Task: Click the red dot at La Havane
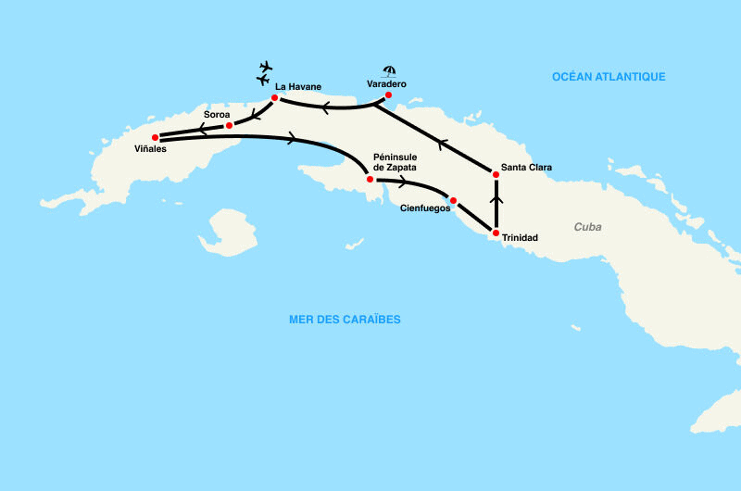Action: pyautogui.click(x=275, y=97)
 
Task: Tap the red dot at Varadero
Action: pyautogui.click(x=388, y=95)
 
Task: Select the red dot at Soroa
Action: pyautogui.click(x=229, y=124)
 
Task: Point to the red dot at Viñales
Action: pyautogui.click(x=156, y=137)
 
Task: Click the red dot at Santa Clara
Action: pyautogui.click(x=496, y=174)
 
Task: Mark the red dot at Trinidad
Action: pyautogui.click(x=496, y=233)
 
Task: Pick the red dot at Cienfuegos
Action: pyautogui.click(x=453, y=200)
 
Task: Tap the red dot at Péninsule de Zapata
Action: pyautogui.click(x=370, y=179)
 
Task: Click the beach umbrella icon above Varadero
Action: pyautogui.click(x=390, y=70)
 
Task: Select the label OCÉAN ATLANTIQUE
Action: pyautogui.click(x=609, y=76)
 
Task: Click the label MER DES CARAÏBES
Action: pyautogui.click(x=345, y=320)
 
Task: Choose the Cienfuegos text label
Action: pyautogui.click(x=424, y=209)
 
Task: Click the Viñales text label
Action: pyautogui.click(x=149, y=149)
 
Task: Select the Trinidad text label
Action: pyautogui.click(x=519, y=238)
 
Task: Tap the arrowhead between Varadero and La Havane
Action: pyautogui.click(x=326, y=107)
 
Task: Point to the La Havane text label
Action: pyautogui.click(x=297, y=86)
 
